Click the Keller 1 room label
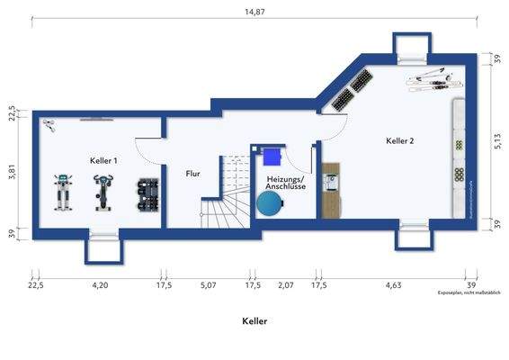103,159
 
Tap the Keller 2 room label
400,140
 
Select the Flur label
192,173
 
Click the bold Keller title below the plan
254,320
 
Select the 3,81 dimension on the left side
12,173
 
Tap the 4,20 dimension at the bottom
100,284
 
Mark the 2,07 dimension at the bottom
286,284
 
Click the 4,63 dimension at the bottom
393,284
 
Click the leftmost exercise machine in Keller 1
63,192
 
